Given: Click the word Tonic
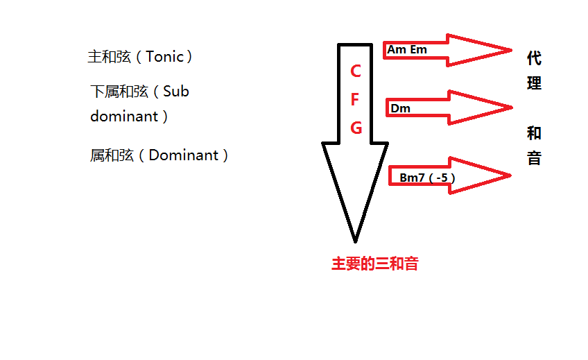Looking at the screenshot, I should point(165,57).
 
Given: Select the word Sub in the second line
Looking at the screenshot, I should point(176,92).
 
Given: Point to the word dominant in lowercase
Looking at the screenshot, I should point(124,116).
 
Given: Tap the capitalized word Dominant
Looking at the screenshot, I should point(184,155).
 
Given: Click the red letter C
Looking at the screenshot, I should point(356,71).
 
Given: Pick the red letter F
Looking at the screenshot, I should point(355,99).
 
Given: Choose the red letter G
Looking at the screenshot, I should point(356,128).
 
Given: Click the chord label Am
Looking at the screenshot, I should point(397,50).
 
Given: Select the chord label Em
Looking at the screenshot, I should point(418,50).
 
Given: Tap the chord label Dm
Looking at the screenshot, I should point(401,108).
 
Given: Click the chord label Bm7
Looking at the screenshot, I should point(412,178).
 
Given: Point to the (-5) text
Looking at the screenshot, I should point(442,178).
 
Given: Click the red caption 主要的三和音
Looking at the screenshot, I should point(374,264).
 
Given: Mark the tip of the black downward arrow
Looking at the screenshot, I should point(355,241).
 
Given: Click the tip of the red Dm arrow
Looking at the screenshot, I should point(511,107).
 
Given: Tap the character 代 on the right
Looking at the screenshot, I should point(533,58).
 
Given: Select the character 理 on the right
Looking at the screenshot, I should point(533,83).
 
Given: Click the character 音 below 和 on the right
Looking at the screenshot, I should point(533,158).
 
